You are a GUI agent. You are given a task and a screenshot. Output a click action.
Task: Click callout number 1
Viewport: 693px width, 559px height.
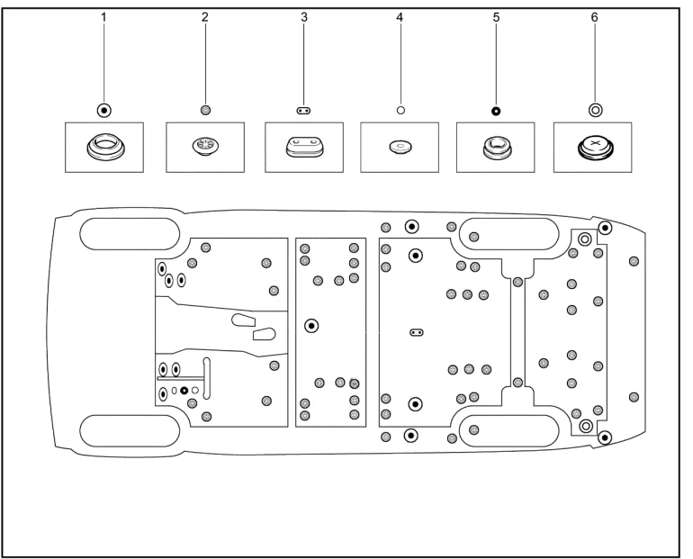pyautogui.click(x=104, y=17)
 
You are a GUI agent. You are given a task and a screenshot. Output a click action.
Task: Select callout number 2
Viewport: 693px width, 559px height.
pyautogui.click(x=204, y=17)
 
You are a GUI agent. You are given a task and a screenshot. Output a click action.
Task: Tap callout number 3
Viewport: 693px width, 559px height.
pyautogui.click(x=304, y=17)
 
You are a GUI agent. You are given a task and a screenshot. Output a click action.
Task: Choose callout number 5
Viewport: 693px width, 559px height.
pyautogui.click(x=495, y=17)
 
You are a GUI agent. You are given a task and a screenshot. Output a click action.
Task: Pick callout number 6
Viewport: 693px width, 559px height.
pyautogui.click(x=594, y=17)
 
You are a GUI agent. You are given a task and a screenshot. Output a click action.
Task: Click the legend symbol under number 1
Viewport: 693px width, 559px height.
pyautogui.click(x=104, y=110)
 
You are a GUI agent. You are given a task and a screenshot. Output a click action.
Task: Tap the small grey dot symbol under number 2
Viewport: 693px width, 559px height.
pyautogui.click(x=205, y=110)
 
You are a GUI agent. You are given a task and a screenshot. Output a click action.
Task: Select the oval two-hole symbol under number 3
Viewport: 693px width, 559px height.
pyautogui.click(x=304, y=110)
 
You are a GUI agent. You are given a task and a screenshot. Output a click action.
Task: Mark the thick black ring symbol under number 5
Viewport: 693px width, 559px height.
pyautogui.click(x=495, y=110)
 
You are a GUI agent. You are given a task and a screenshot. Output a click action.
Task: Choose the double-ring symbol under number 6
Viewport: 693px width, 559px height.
pyautogui.click(x=594, y=110)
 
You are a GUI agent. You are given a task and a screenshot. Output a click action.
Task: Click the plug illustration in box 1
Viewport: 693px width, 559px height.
pyautogui.click(x=104, y=147)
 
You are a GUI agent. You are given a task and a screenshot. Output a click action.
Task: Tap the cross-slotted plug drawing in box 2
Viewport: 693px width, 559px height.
pyautogui.click(x=205, y=147)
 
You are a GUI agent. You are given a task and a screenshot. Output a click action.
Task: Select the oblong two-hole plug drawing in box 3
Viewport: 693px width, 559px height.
pyautogui.click(x=304, y=148)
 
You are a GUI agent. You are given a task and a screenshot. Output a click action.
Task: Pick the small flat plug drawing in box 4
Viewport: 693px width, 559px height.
pyautogui.click(x=400, y=147)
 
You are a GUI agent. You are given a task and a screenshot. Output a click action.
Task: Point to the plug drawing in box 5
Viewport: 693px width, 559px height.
pyautogui.click(x=495, y=147)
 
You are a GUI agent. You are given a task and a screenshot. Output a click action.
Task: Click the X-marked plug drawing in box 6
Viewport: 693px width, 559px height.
pyautogui.click(x=594, y=147)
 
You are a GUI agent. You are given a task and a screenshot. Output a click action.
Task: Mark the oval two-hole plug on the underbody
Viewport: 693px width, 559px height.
pyautogui.click(x=416, y=331)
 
